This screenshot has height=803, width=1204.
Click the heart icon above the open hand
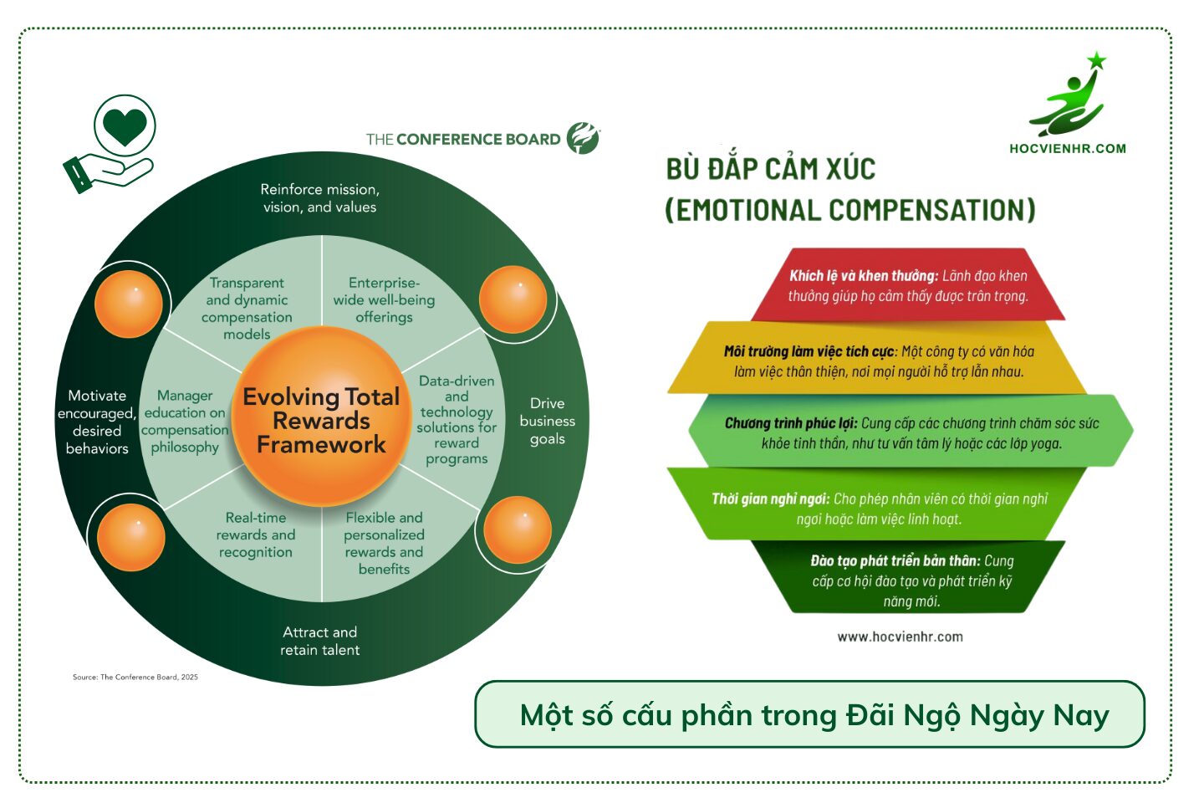125,127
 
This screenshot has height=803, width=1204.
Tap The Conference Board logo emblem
583,138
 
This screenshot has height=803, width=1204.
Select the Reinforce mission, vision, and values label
319,198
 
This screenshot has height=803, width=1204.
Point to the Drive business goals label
547,421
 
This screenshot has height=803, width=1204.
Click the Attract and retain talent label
319,641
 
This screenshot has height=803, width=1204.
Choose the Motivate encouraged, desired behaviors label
97,422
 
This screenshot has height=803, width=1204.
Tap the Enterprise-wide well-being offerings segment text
384,299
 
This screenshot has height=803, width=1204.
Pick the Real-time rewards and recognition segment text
256,534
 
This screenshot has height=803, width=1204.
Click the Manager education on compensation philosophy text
185,421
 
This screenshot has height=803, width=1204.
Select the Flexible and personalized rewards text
384,543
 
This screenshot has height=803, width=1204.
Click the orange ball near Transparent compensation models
129,304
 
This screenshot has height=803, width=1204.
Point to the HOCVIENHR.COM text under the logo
1067,149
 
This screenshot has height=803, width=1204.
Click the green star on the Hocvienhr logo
1096,61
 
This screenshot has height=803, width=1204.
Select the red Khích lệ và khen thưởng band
908,285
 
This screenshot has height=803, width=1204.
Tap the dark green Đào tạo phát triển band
911,581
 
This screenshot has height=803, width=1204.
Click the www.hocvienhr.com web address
900,637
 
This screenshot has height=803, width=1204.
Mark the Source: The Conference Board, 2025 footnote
135,677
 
